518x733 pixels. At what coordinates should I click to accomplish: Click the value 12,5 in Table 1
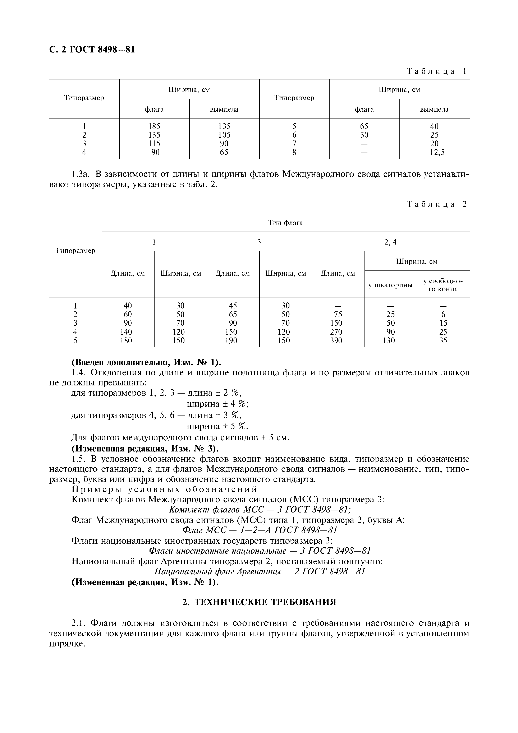click(434, 153)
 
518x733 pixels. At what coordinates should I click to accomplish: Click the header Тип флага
click(285, 223)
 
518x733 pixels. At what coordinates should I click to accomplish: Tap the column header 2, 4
click(390, 242)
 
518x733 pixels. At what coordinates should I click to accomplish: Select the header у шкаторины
click(390, 285)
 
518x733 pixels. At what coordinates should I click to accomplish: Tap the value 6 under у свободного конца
click(443, 315)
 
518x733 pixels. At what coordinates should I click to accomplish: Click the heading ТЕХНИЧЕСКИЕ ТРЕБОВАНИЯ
click(259, 602)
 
